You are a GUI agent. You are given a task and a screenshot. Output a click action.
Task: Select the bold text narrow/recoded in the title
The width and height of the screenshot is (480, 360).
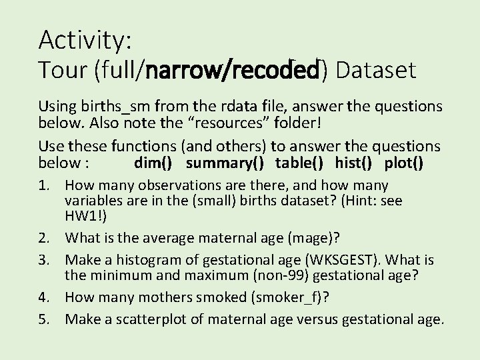(235, 70)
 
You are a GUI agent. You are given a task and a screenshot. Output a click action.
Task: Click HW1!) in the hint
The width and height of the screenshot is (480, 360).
(82, 215)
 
